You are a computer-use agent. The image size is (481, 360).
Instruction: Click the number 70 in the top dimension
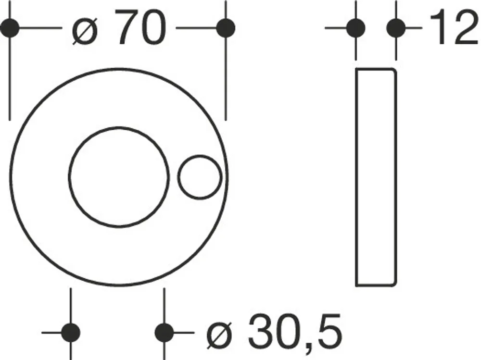pos(140,27)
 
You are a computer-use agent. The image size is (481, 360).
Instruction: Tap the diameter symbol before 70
pos(85,31)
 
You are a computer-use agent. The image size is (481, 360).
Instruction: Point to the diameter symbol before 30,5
pos(220,335)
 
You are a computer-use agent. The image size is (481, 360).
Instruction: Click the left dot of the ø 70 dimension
pos(10,28)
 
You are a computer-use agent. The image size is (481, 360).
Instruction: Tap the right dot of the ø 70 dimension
pos(226,28)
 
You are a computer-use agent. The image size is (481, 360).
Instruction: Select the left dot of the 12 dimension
pos(356,28)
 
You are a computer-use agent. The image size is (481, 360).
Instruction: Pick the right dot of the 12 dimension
pos(396,28)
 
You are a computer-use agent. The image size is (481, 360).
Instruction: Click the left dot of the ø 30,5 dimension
pos(71,333)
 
